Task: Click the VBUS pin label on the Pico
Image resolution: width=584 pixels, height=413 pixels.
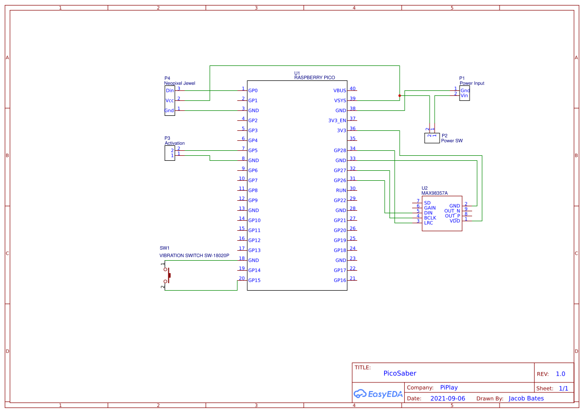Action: pos(340,91)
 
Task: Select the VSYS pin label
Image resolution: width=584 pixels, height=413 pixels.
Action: pos(340,101)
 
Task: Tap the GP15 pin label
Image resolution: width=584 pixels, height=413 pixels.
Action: pos(254,281)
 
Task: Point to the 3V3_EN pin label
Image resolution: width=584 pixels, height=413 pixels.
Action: pos(337,121)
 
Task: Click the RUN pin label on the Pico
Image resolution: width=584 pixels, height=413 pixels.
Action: pos(341,191)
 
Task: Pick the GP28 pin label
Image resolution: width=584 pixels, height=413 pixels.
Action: pos(340,151)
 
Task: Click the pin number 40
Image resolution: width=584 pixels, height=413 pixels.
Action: pos(353,88)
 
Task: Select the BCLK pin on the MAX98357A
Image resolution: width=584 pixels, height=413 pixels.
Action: pos(430,218)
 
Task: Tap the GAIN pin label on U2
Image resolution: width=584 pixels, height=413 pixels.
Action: pos(430,208)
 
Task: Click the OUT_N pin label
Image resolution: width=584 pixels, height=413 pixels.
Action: pos(452,211)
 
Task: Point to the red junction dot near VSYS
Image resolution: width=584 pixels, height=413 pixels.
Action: pos(400,96)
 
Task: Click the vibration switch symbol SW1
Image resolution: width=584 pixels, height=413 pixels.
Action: pos(167,275)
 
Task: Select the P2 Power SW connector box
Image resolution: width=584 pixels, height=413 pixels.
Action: pos(431,138)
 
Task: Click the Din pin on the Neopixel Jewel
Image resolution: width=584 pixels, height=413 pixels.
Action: pos(170,91)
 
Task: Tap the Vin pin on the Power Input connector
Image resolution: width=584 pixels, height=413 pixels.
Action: pos(465,95)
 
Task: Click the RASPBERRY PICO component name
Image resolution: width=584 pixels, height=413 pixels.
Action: pos(314,78)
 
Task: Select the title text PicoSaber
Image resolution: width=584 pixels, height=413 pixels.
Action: pos(400,374)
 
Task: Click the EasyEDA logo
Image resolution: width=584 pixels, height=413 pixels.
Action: pos(378,394)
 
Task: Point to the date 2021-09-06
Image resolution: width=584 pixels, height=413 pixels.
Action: pos(448,399)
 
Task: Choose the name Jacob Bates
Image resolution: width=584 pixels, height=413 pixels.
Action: pos(526,399)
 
